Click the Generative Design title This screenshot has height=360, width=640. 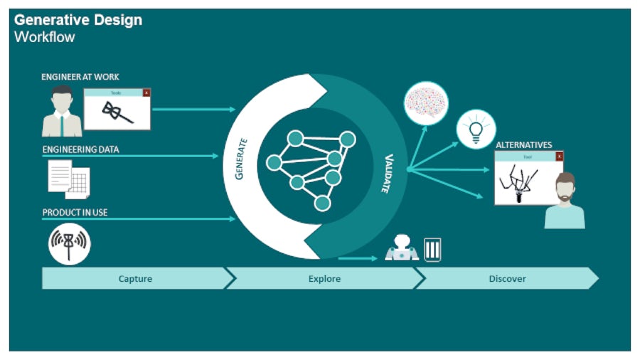78,20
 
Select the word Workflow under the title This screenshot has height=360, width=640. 44,37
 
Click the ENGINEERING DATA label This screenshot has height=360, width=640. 80,149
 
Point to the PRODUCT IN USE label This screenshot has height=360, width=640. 75,213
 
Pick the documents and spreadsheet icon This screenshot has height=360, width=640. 68,178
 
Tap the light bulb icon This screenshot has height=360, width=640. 476,129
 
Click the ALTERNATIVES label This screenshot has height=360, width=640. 523,145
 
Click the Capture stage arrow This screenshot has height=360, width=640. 135,279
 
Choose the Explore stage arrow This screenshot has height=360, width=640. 324,279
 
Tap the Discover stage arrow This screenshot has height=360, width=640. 507,279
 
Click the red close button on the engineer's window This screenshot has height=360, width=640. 146,92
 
